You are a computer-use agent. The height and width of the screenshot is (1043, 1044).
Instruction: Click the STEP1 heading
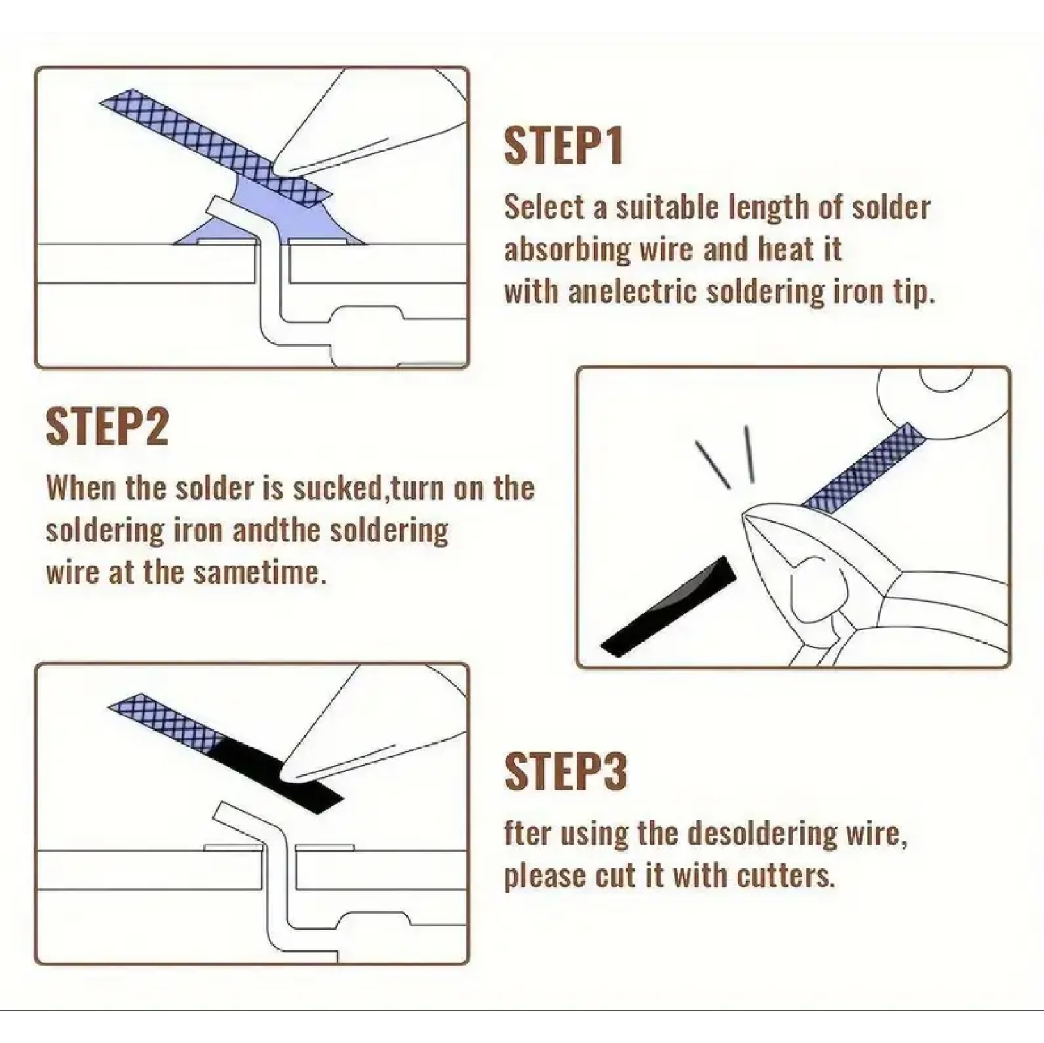pyautogui.click(x=562, y=146)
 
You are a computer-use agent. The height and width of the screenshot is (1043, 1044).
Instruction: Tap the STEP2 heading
pyautogui.click(x=106, y=427)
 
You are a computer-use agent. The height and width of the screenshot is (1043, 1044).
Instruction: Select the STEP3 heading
pyautogui.click(x=565, y=772)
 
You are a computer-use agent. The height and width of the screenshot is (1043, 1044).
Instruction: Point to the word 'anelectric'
pyautogui.click(x=631, y=292)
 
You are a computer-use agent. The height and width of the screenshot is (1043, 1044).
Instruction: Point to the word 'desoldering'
pyautogui.click(x=737, y=834)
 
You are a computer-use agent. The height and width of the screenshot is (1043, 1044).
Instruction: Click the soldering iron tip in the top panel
pyautogui.click(x=282, y=167)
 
